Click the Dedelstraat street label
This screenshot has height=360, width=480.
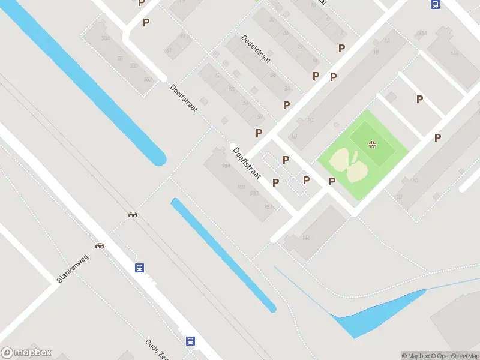point(256,49)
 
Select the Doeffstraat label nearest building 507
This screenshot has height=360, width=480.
point(184,98)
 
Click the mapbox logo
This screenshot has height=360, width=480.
point(26,353)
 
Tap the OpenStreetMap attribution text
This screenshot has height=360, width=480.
point(454,356)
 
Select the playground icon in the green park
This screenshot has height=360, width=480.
point(372,144)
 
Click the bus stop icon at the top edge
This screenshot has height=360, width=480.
point(435,4)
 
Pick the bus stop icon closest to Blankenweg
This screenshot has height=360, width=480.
point(139,268)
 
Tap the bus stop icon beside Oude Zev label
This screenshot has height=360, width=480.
point(190,341)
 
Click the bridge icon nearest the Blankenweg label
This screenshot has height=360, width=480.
point(100,245)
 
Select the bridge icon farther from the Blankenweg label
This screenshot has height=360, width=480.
point(133,213)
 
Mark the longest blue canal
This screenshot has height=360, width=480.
point(90,84)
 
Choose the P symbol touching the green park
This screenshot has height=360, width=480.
point(332,182)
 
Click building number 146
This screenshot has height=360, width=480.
point(306,238)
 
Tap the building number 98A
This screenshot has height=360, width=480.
point(226,166)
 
